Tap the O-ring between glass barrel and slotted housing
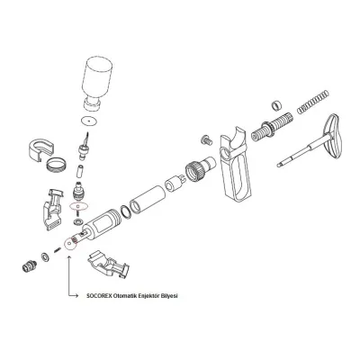(126, 211)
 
